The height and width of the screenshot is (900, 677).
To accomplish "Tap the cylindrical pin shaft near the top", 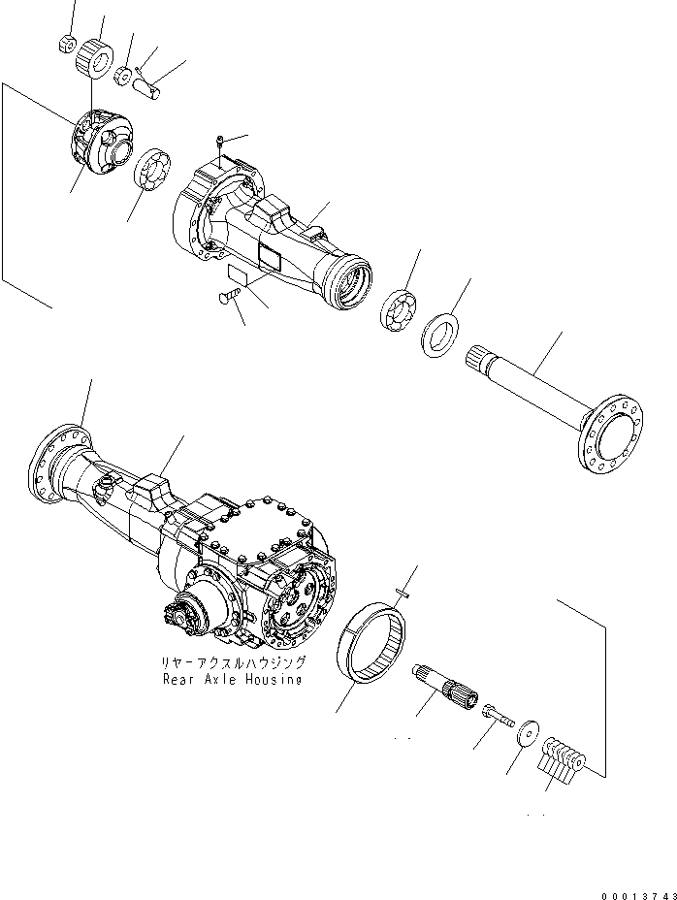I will tap(147, 85).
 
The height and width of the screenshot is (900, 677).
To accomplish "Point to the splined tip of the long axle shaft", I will tap(480, 358).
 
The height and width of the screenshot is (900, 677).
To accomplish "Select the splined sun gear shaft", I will tap(445, 687).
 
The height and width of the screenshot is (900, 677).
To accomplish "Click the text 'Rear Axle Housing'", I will tap(233, 680).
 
